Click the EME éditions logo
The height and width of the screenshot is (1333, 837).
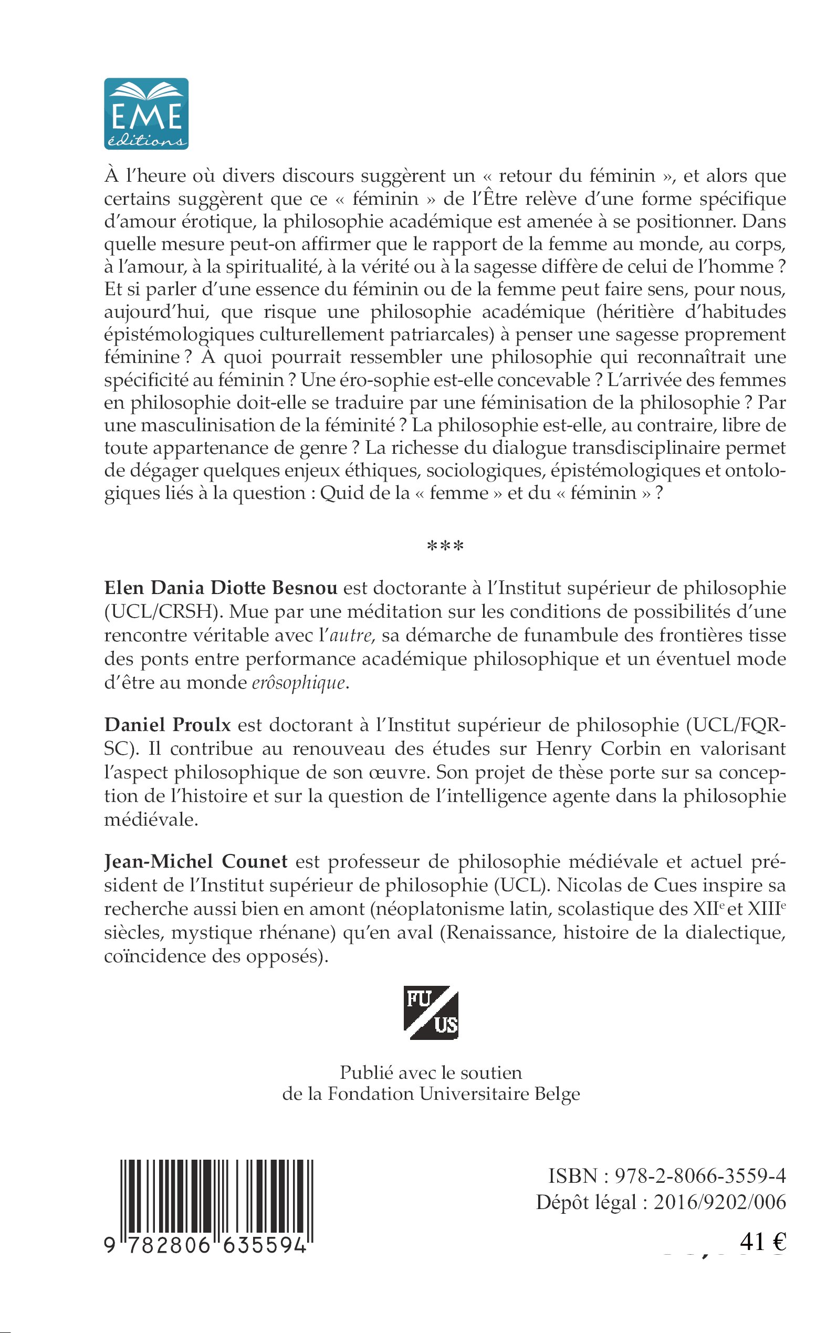146,113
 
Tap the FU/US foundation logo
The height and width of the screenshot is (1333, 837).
431,1013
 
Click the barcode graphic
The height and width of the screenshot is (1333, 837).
216,1199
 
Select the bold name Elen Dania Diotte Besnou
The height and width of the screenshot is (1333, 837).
221,588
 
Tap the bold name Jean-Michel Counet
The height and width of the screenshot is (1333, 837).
195,861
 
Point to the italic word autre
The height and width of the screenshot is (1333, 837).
350,636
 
